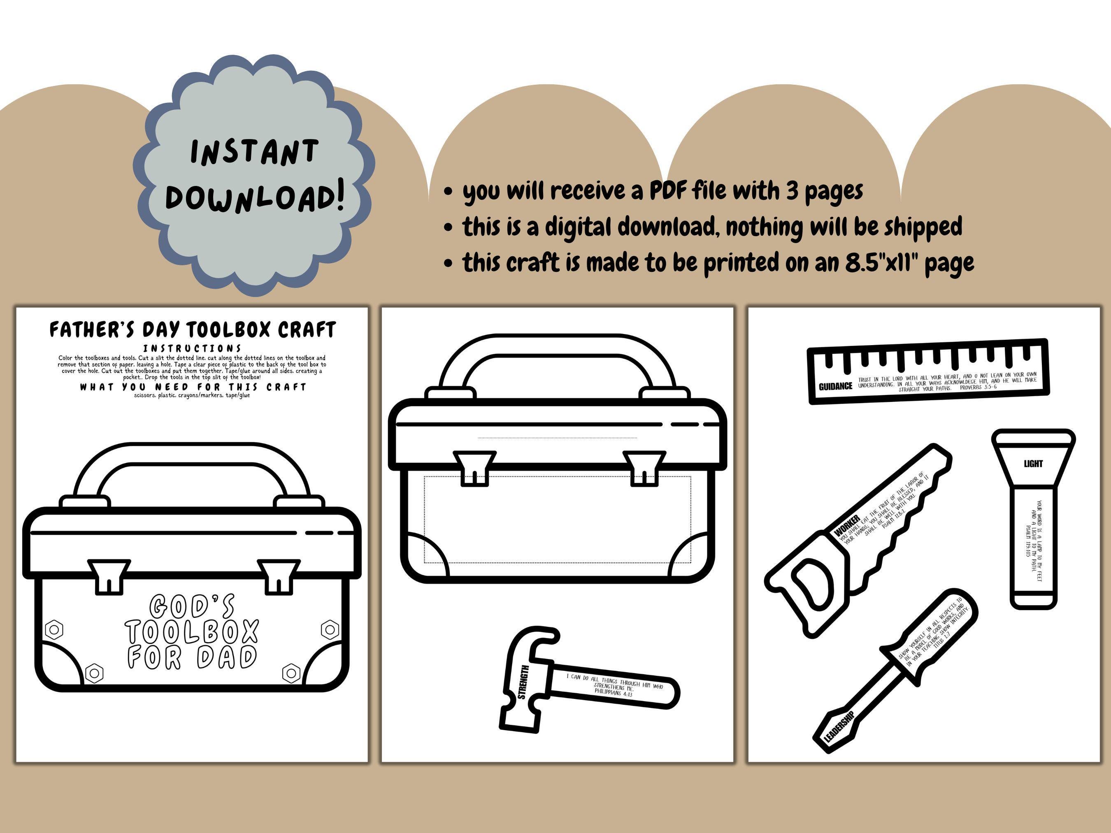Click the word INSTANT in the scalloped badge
pyautogui.click(x=254, y=152)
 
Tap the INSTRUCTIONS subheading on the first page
pyautogui.click(x=192, y=348)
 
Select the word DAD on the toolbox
pyautogui.click(x=227, y=657)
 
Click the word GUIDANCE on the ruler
pyautogui.click(x=835, y=386)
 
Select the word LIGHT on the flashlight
pyautogui.click(x=1033, y=464)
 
